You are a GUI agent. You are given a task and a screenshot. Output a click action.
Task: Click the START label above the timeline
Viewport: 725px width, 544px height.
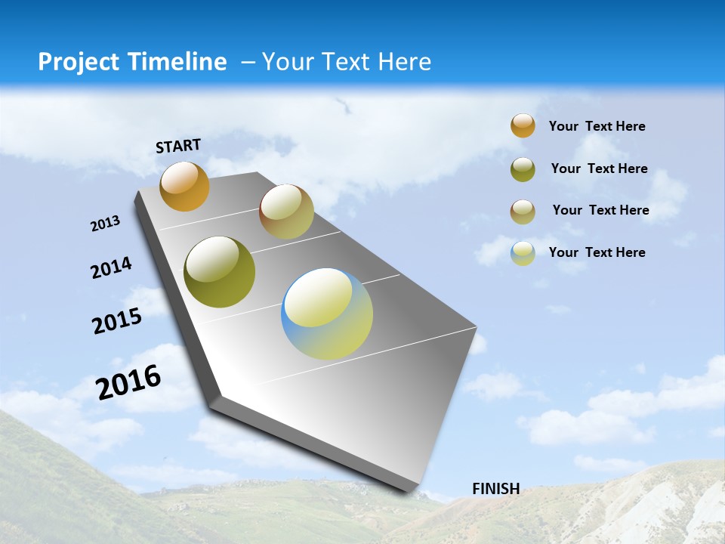178,146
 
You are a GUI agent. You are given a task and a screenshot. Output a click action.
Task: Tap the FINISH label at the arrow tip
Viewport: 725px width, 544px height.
495,489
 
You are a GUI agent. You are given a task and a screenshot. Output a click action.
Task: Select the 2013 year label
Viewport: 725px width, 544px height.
106,224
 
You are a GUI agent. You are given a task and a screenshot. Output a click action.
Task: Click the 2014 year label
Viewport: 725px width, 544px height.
112,267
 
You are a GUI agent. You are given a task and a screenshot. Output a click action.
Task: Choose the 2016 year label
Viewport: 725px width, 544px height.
129,382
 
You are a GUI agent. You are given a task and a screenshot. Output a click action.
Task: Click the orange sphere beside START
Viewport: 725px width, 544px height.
184,187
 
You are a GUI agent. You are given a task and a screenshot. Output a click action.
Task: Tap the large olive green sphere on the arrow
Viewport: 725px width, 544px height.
220,272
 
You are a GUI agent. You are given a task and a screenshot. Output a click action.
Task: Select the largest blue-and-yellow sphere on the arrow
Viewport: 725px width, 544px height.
327,314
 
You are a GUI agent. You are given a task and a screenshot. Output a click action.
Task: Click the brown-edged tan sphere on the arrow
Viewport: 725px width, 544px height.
286,212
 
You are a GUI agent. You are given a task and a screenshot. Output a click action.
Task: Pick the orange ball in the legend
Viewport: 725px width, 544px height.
523,126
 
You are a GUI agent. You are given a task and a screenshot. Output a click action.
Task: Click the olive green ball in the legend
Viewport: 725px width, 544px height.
523,169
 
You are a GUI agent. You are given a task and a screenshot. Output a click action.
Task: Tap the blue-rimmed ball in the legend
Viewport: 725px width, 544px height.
523,253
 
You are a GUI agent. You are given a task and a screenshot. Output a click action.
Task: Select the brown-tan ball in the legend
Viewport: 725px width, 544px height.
523,211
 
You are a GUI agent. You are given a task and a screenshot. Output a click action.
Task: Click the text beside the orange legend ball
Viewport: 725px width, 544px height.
597,126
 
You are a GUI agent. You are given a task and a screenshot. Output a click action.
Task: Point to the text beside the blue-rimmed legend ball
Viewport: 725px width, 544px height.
597,252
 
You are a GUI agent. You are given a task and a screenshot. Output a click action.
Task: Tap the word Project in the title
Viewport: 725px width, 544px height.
76,62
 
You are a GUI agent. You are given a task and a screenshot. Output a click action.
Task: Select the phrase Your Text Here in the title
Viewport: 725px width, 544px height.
347,62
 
